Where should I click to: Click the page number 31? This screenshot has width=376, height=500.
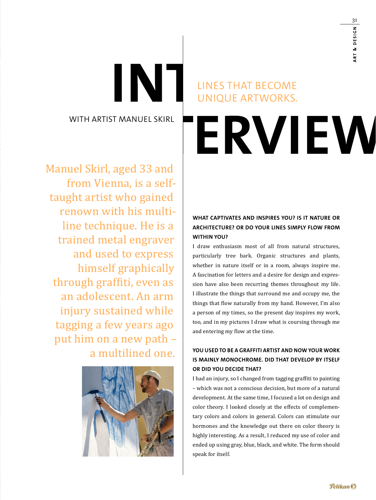tap(354, 21)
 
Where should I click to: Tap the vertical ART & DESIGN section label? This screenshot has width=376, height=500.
tap(355, 44)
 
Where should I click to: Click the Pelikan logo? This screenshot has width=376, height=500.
tap(343, 486)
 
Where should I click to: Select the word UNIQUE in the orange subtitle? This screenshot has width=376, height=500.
tap(218, 98)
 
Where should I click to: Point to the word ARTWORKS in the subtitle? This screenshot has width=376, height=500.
tap(269, 98)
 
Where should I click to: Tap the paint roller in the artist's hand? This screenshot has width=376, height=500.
tap(94, 392)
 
